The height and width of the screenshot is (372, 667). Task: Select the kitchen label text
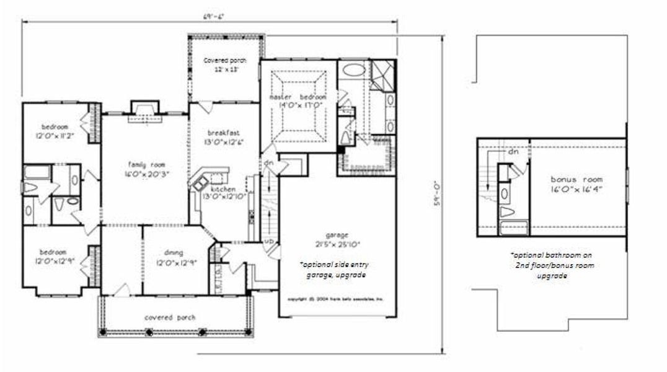pos(222,189)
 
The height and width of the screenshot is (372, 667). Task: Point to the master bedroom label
pos(298,98)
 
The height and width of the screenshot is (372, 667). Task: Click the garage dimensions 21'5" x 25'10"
pos(335,242)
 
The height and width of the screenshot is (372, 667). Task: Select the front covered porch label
pos(170,317)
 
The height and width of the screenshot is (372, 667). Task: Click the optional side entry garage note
pos(335,269)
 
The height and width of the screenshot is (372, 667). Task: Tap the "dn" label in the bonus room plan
pos(513,151)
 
